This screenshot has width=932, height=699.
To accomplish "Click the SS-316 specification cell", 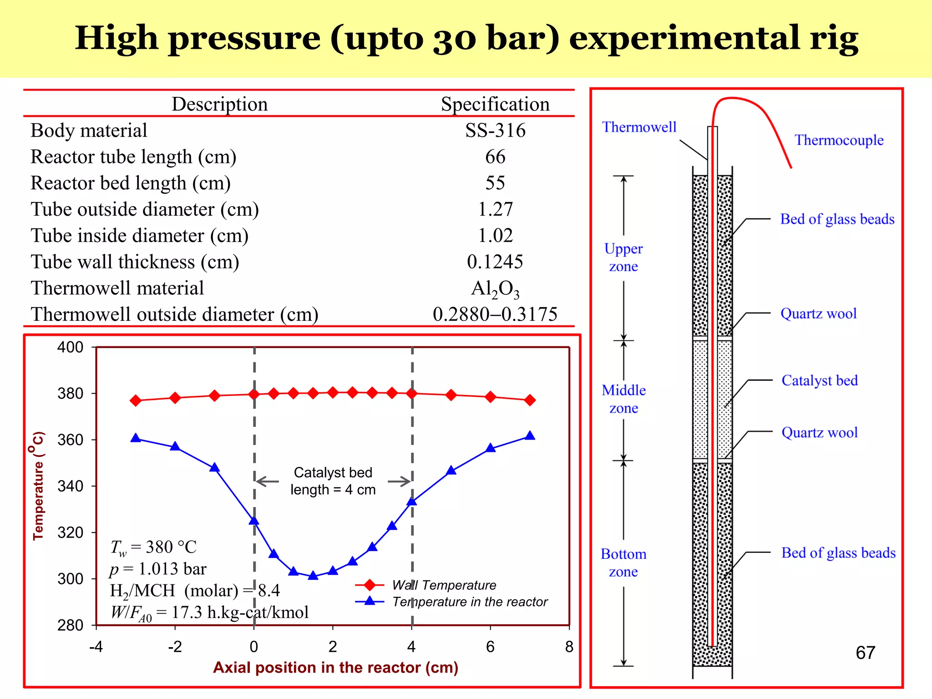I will tap(495, 131).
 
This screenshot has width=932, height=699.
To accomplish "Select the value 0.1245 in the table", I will tap(495, 262).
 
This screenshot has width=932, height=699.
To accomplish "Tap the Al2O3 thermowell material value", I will tap(495, 289).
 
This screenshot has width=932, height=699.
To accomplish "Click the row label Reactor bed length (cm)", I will tap(131, 183).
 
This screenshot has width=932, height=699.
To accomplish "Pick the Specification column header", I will tap(495, 104).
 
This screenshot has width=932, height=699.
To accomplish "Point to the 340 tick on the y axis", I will tap(71, 486).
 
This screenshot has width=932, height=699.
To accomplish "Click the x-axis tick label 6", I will tap(490, 647).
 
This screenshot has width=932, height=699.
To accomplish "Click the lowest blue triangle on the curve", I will tap(313, 576).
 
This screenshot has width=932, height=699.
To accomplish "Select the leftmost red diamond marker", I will tap(136, 400).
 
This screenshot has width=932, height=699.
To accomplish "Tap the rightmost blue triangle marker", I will tap(530, 436).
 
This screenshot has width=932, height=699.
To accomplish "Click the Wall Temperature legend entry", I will tap(444, 585).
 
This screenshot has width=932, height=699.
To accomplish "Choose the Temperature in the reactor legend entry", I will tap(470, 602).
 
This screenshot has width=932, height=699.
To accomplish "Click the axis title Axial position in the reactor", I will tap(335, 667).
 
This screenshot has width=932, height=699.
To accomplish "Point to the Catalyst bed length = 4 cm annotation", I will tap(333, 481).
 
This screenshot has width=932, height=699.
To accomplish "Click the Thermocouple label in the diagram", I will tap(839, 140).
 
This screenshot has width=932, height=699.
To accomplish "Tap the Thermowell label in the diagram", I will tap(639, 127).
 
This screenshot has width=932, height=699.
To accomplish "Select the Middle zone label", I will tap(623, 399).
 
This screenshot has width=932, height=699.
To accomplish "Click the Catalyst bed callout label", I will tap(819, 380).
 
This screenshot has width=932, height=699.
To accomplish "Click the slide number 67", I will tap(865, 653).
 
